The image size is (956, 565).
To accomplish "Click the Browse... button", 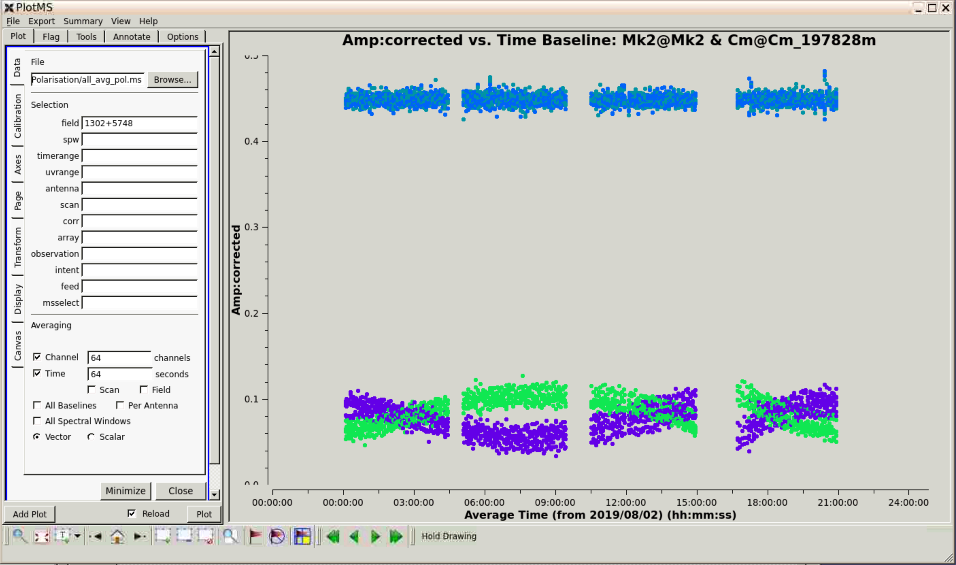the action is (x=172, y=80).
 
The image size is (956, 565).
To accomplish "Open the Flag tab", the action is (x=51, y=36).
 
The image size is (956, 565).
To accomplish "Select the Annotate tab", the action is (x=132, y=36).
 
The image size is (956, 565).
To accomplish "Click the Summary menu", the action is (x=83, y=21).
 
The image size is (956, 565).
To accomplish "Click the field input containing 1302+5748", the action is (x=139, y=123).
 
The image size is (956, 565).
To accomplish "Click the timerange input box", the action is (x=139, y=156).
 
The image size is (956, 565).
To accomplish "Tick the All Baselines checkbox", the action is (x=37, y=405).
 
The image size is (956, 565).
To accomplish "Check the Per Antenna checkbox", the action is (x=120, y=405).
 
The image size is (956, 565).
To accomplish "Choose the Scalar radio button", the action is (x=91, y=437).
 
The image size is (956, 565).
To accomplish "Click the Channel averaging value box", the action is (x=119, y=358).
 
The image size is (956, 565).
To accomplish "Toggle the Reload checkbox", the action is (x=132, y=514).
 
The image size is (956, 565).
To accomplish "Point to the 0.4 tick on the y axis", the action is (x=265, y=141).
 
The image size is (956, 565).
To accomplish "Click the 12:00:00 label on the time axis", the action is (x=626, y=502).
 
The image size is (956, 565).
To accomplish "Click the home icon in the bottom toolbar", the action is (x=118, y=536).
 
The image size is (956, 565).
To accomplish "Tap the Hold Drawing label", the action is (x=449, y=536).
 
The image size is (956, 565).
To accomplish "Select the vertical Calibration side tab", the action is (x=17, y=116).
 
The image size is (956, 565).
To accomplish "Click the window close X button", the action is (x=946, y=7).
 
